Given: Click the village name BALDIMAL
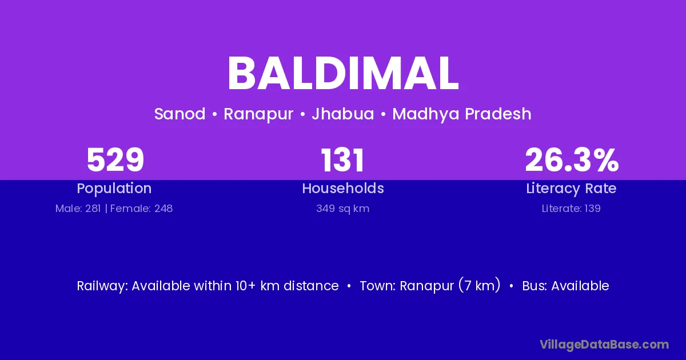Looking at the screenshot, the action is click(x=343, y=74).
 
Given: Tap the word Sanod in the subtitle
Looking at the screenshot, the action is click(x=180, y=114).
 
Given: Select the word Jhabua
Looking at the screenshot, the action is click(x=343, y=114).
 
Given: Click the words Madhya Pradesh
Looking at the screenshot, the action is click(x=462, y=114).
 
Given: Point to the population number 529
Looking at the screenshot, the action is click(x=115, y=160).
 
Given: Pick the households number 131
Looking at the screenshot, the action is click(x=342, y=160).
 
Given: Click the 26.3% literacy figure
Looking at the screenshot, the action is click(x=572, y=160).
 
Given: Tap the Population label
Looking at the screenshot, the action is click(x=114, y=189).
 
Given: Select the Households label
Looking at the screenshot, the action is click(x=343, y=188).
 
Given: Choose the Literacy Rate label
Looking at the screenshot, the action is click(x=571, y=189).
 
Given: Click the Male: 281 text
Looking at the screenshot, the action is click(x=78, y=209).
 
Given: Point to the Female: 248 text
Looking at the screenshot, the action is click(x=142, y=209).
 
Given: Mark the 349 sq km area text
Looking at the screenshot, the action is click(x=343, y=209).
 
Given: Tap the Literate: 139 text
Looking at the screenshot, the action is click(x=571, y=209).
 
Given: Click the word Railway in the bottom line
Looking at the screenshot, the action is click(x=102, y=286).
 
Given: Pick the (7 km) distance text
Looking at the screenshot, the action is click(x=480, y=285).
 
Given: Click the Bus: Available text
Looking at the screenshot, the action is click(x=565, y=286).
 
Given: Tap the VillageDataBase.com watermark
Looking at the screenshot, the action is click(x=604, y=345).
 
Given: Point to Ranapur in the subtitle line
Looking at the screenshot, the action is click(x=258, y=114).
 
